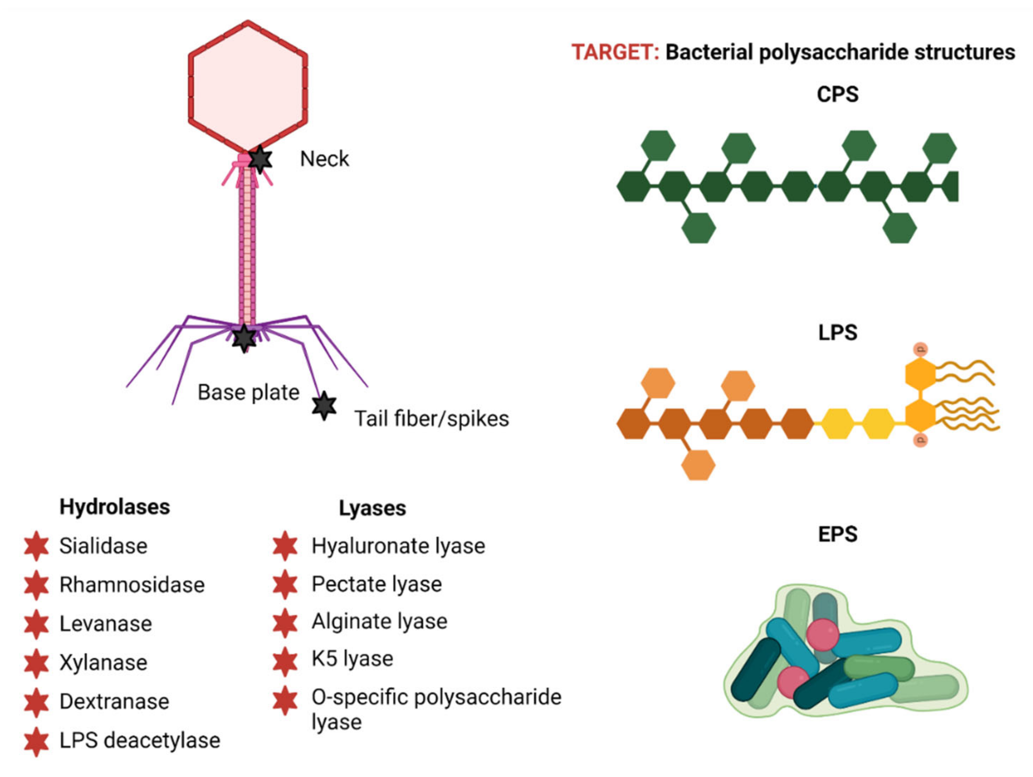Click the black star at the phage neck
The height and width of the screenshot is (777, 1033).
tap(260, 159)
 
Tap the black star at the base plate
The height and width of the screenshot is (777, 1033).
tap(244, 338)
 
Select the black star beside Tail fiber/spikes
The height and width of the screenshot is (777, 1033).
tap(324, 405)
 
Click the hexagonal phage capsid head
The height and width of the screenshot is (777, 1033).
tap(248, 87)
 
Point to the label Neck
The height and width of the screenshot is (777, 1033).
tap(324, 159)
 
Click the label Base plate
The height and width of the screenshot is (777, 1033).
tap(248, 393)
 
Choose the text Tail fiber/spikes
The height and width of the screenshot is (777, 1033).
tap(432, 419)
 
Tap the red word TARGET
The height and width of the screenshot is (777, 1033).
tap(615, 52)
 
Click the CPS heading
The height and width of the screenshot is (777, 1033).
tap(837, 94)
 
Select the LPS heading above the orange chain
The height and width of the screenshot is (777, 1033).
tap(837, 333)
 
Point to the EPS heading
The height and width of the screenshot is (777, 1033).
tap(837, 534)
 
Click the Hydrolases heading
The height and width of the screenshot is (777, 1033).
tap(115, 507)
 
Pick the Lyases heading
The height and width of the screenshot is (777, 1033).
tap(372, 508)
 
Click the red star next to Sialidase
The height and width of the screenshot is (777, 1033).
tap(36, 546)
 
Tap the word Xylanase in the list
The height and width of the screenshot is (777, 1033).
tap(103, 662)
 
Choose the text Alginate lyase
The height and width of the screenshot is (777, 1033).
tap(379, 622)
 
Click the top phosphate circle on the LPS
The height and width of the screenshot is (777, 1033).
tap(920, 349)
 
